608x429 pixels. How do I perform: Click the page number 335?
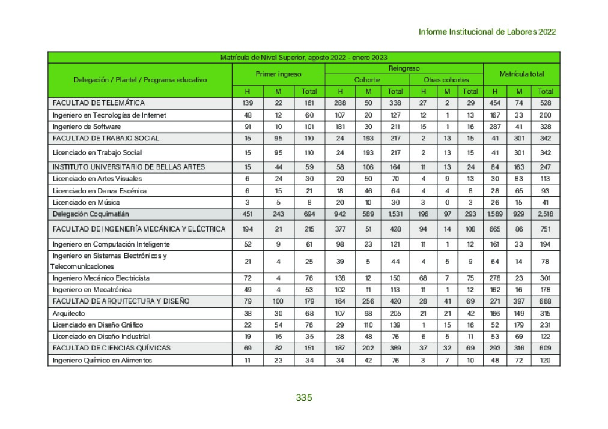[304, 398]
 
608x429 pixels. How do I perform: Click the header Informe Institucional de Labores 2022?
[487, 32]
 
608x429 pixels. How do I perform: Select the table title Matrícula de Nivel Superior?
[303, 58]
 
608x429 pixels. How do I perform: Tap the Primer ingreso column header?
[278, 74]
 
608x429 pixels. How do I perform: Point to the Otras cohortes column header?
[446, 80]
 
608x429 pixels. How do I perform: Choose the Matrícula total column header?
[521, 74]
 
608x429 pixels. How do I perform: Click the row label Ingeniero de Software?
[87, 127]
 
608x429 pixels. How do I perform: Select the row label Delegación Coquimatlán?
[91, 214]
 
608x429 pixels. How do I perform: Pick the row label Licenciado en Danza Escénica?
[100, 191]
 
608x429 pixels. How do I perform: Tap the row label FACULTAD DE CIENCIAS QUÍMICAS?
[111, 348]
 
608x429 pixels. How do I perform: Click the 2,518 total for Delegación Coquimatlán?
[546, 214]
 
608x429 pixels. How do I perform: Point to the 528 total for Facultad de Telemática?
[546, 103]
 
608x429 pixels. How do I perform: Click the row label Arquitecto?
[69, 313]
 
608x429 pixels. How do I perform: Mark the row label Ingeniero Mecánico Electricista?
[101, 278]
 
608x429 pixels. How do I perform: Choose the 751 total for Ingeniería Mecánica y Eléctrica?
[546, 229]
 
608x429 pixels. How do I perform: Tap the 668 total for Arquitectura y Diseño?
[546, 301]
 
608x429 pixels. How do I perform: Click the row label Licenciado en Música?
[86, 202]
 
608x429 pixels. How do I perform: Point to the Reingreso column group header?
[404, 68]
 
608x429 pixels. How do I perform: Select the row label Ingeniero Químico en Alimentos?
[102, 360]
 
